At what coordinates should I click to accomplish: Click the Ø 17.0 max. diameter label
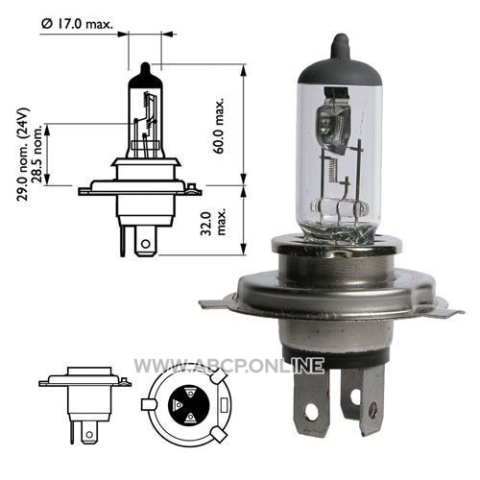click(x=77, y=24)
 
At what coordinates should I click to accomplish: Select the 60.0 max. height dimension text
click(x=220, y=126)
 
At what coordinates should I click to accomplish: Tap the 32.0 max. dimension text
click(x=213, y=223)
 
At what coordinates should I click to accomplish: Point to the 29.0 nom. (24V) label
click(x=23, y=155)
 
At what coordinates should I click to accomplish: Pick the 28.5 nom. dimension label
click(x=37, y=154)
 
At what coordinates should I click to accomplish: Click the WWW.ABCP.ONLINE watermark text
click(x=229, y=366)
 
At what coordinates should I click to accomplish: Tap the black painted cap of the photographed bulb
click(x=340, y=65)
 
